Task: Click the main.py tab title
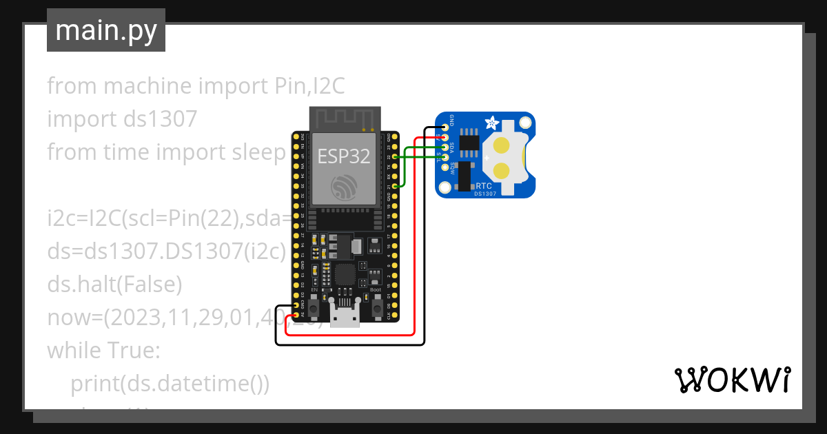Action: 106,30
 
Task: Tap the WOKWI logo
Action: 731,380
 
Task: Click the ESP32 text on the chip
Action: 344,156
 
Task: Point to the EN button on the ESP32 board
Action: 314,308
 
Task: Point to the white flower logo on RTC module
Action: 492,123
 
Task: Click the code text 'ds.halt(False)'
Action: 114,284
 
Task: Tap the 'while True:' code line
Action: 103,350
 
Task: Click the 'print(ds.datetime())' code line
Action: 170,383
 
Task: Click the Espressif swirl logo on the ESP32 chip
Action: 344,187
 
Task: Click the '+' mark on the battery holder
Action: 487,158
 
